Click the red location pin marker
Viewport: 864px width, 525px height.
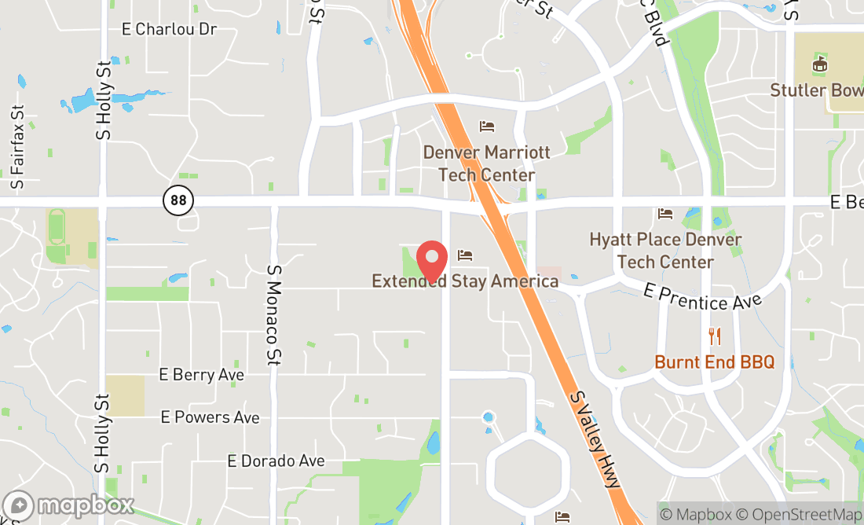pyautogui.click(x=432, y=261)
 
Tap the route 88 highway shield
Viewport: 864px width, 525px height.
pyautogui.click(x=179, y=200)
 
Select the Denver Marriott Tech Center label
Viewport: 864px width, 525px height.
pyautogui.click(x=486, y=163)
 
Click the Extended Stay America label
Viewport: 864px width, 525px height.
pyautogui.click(x=465, y=281)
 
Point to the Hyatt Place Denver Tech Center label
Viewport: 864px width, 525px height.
pyautogui.click(x=665, y=250)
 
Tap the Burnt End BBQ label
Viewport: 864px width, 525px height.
pyautogui.click(x=715, y=362)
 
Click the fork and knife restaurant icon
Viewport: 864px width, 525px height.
pyautogui.click(x=715, y=336)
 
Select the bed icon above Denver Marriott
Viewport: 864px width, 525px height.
pyautogui.click(x=487, y=126)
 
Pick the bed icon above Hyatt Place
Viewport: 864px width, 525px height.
pyautogui.click(x=665, y=213)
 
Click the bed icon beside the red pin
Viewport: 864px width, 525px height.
pyautogui.click(x=465, y=255)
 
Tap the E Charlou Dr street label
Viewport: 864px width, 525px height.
pyautogui.click(x=169, y=29)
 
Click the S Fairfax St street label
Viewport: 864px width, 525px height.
pyautogui.click(x=18, y=147)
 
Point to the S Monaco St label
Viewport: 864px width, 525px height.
pyautogui.click(x=274, y=314)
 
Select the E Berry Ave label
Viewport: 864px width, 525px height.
pyautogui.click(x=201, y=375)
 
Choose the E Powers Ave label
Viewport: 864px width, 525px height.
pyautogui.click(x=210, y=417)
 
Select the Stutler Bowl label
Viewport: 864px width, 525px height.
pyautogui.click(x=817, y=90)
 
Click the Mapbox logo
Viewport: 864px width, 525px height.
pyautogui.click(x=68, y=505)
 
